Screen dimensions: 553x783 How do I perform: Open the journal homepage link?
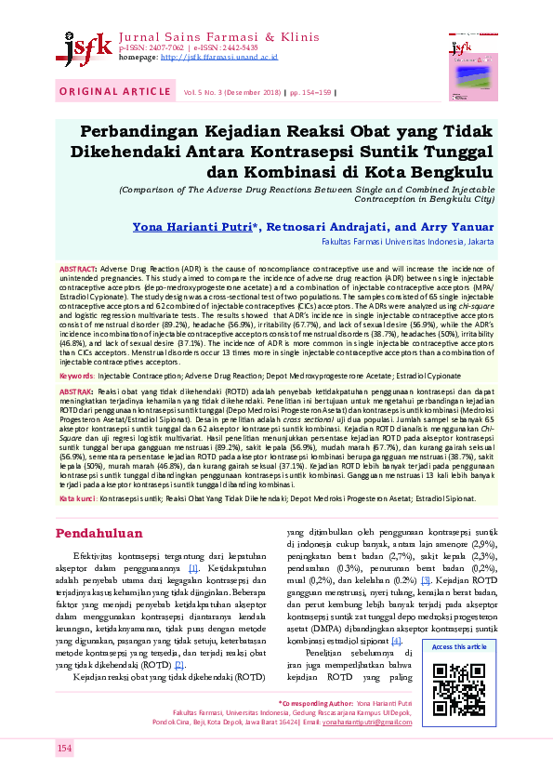[218, 56]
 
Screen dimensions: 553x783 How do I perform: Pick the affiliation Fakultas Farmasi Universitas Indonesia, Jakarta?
[408, 241]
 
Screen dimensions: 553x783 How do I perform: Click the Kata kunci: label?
[79, 499]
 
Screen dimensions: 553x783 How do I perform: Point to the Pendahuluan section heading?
[99, 534]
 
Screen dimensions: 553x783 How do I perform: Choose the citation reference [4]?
[396, 641]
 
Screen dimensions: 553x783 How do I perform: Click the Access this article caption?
[459, 646]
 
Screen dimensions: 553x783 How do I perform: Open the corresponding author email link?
[456, 747]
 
